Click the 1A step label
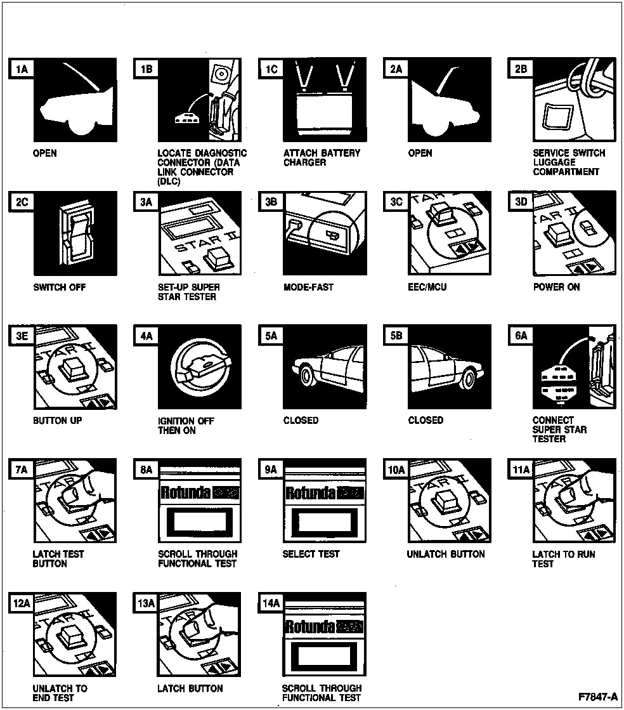click(x=21, y=69)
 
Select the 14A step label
click(x=271, y=603)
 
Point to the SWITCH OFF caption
click(x=59, y=287)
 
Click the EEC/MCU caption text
click(x=427, y=287)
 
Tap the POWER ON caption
click(x=556, y=287)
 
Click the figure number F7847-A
click(x=597, y=697)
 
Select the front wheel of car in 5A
click(x=309, y=376)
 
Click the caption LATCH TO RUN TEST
click(x=563, y=559)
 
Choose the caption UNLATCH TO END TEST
click(x=60, y=693)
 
